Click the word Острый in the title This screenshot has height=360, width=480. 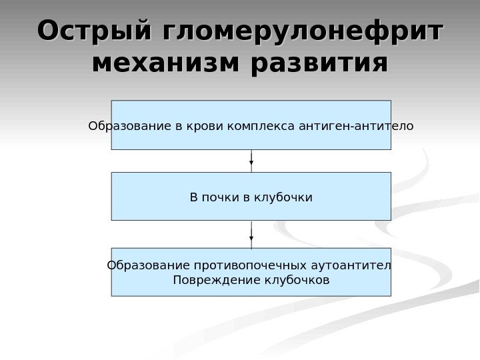point(92,31)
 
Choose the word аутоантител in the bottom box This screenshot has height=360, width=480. point(351,266)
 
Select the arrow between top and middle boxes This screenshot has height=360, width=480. point(251,161)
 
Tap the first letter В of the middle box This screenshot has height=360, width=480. point(194,197)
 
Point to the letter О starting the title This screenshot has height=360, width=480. point(48,31)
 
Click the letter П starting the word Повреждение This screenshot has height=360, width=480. point(177,280)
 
